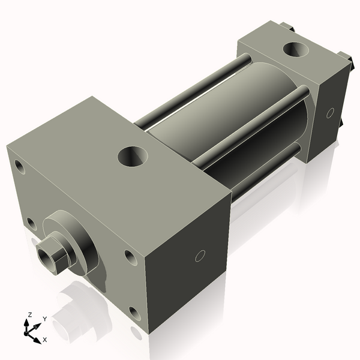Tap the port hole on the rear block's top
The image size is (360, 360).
296,50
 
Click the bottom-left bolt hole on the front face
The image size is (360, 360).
31,224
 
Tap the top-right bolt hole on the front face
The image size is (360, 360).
130,257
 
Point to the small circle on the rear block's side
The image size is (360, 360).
329,113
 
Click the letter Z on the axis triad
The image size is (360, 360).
29,314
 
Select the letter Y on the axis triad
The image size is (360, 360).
44,319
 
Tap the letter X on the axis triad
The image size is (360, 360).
44,340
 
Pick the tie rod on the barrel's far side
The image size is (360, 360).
192,90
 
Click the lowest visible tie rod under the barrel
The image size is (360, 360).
264,171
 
